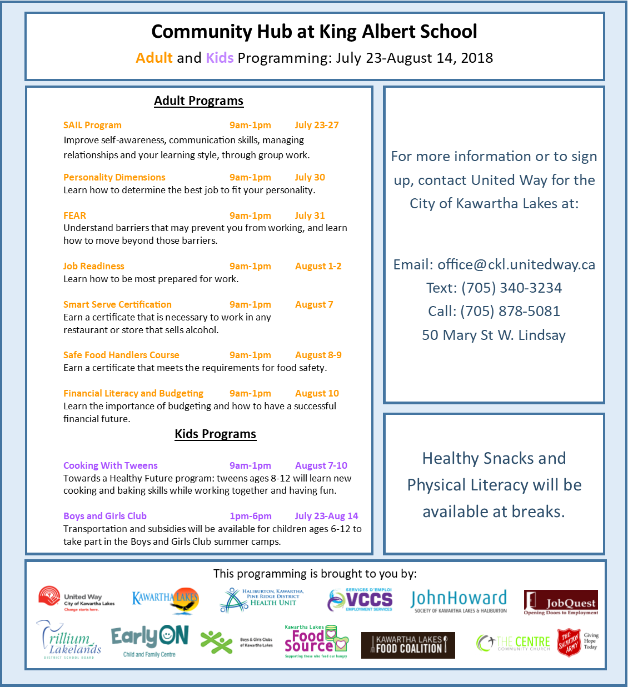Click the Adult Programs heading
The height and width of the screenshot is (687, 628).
click(x=198, y=101)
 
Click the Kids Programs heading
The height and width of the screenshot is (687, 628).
click(x=215, y=434)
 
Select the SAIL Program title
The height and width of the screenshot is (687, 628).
click(x=92, y=125)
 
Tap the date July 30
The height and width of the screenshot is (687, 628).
click(x=310, y=177)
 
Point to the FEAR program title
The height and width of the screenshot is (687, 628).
click(x=74, y=215)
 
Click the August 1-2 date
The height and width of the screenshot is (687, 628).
click(x=318, y=266)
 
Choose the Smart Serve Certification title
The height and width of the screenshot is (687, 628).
click(x=117, y=304)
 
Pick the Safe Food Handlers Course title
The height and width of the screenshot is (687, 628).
click(x=121, y=355)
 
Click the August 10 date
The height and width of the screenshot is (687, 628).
click(x=317, y=393)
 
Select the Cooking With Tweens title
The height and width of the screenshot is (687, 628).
click(x=110, y=465)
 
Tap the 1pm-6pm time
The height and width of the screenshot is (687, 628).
click(x=250, y=516)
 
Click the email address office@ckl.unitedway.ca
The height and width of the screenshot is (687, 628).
click(x=516, y=264)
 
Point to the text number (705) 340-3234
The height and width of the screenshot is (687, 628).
click(x=511, y=288)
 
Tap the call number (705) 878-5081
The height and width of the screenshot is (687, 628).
click(x=510, y=311)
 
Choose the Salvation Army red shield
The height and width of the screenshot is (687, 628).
click(x=569, y=643)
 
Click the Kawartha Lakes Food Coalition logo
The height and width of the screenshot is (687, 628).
click(x=408, y=645)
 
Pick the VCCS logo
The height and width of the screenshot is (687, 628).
click(x=360, y=600)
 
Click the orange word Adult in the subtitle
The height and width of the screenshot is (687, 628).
click(x=154, y=58)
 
